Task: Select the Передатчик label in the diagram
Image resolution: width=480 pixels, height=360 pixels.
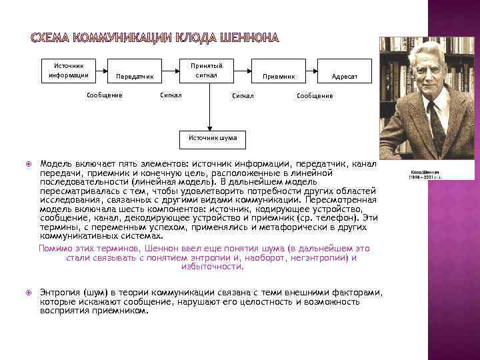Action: coord(135,77)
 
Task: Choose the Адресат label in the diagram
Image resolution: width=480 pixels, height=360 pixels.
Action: coord(345,77)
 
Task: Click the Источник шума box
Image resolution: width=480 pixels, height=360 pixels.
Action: coord(209,139)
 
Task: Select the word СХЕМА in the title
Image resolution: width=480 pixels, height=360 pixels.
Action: coord(54,36)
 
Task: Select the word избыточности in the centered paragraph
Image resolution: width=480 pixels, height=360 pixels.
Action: coord(212,267)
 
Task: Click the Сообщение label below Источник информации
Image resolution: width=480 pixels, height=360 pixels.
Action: coord(105,95)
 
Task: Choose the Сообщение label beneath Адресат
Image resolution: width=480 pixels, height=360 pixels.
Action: coord(314,96)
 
